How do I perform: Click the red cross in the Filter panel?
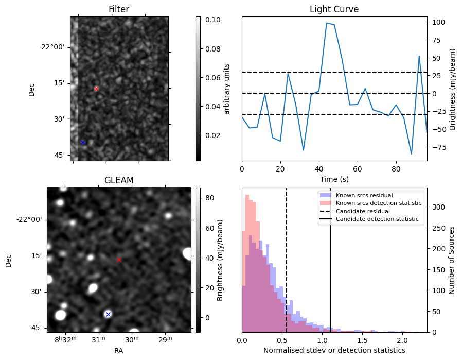96,89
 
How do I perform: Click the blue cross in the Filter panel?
83,142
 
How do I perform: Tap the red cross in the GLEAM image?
119,260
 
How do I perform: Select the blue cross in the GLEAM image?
108,314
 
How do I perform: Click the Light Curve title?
334,9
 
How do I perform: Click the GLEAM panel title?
119,180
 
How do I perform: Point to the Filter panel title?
119,9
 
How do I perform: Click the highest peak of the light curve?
327,23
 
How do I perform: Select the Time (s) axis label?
334,178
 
